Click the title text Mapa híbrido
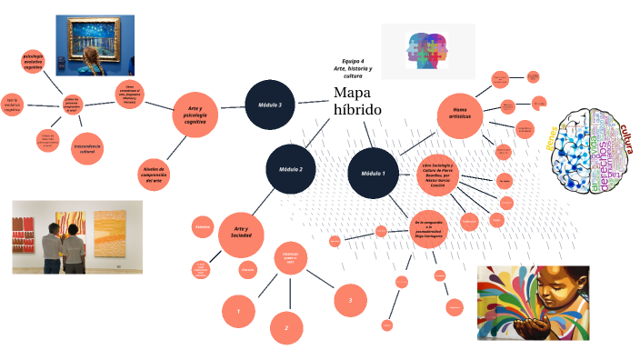pyautogui.click(x=357, y=102)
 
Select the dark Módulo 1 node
pyautogui.click(x=373, y=173)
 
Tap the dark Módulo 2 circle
pyautogui.click(x=291, y=168)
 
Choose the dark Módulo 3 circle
pyautogui.click(x=270, y=105)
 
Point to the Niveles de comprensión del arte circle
pyautogui.click(x=154, y=174)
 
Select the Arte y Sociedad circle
pyautogui.click(x=241, y=233)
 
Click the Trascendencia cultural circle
pyautogui.click(x=87, y=148)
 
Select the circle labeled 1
pyautogui.click(x=238, y=312)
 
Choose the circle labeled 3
pyautogui.click(x=350, y=298)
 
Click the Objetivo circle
pyautogui.click(x=203, y=227)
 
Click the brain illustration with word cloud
pyautogui.click(x=595, y=150)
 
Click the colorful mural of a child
pyautogui.click(x=533, y=303)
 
